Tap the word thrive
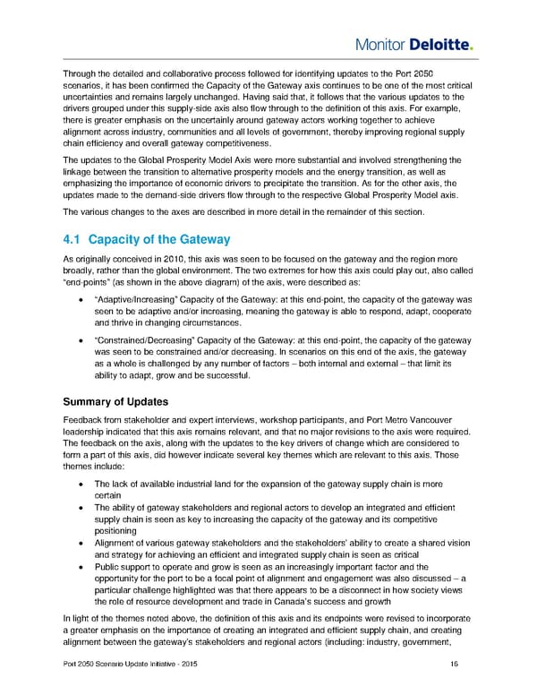point(124,321)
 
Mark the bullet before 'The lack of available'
point(82,485)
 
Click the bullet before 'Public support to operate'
point(82,566)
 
